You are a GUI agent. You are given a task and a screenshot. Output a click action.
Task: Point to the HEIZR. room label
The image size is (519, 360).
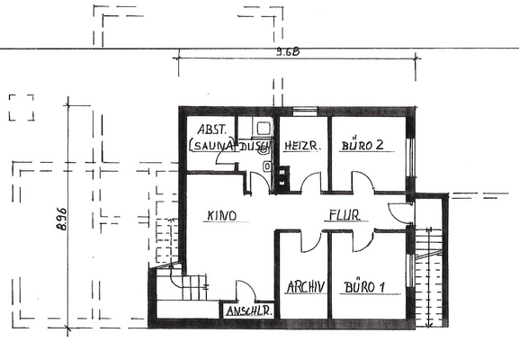click(298, 146)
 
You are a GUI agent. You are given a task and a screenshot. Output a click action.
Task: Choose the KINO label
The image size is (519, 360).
click(220, 215)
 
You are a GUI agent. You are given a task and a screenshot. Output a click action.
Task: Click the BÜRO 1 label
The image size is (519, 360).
click(363, 288)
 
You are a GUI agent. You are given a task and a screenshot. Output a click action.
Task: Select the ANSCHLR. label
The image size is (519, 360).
click(249, 310)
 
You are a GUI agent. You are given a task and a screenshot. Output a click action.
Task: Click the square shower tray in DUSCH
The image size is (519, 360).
click(262, 130)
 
